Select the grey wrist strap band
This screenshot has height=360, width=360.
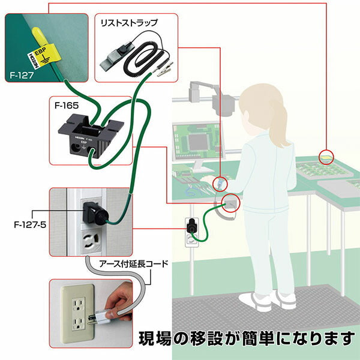coord(113,58)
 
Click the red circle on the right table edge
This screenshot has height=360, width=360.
coord(326,156)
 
